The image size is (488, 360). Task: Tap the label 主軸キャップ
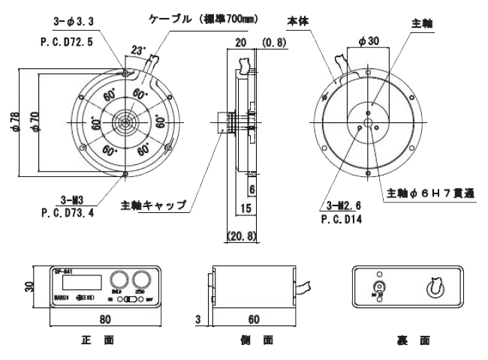[153, 205]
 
